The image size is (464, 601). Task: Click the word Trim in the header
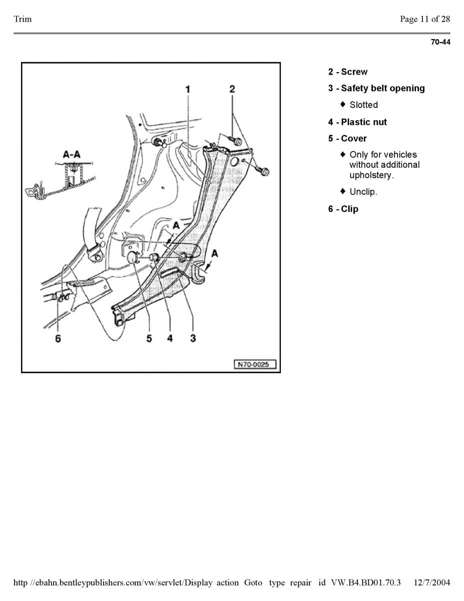[23, 19]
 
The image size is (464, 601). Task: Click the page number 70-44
[440, 42]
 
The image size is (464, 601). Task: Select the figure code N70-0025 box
[255, 364]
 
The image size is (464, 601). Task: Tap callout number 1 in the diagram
[188, 89]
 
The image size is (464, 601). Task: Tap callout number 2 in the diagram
[232, 89]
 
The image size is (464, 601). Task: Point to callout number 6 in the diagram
[58, 338]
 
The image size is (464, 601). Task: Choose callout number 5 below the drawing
[149, 338]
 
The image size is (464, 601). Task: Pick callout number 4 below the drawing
[170, 338]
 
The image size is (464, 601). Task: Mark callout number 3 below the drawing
[193, 338]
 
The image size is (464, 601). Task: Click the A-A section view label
[72, 154]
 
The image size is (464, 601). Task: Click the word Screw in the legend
[354, 72]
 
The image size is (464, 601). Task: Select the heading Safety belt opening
[383, 89]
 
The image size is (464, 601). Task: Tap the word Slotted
[363, 105]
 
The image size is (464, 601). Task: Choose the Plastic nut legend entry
[357, 122]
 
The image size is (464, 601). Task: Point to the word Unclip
[363, 192]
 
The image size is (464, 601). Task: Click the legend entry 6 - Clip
[343, 209]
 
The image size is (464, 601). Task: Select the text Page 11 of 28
[425, 19]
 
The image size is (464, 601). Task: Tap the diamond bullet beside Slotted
[343, 104]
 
